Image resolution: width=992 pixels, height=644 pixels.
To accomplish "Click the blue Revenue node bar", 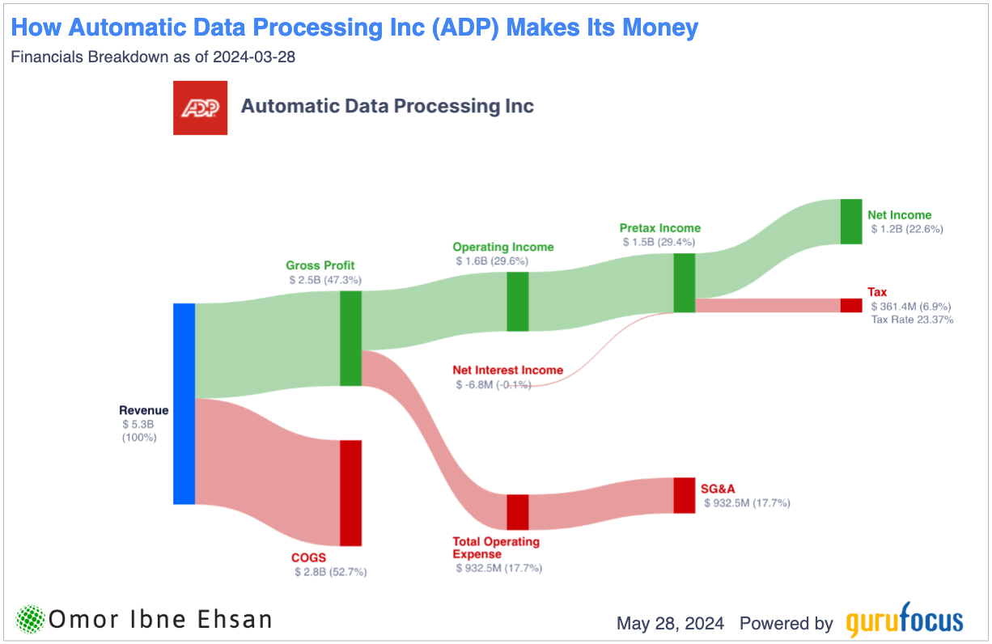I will (x=184, y=404).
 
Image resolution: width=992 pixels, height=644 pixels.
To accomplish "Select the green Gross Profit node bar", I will (x=350, y=338).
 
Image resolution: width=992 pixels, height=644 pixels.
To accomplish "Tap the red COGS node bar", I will (x=350, y=493).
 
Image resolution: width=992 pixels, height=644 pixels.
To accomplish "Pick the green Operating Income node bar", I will (x=518, y=301).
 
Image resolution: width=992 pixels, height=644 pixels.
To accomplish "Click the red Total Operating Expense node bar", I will (x=518, y=511).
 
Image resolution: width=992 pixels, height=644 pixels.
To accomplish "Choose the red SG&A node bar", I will (x=685, y=495).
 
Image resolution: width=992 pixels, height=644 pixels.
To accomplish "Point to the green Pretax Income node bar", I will (x=685, y=282).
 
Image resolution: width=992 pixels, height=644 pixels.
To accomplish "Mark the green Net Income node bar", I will (x=851, y=221).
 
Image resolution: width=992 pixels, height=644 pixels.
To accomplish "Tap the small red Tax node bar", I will (x=851, y=305).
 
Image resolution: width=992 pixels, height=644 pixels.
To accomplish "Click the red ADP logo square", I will (x=201, y=108).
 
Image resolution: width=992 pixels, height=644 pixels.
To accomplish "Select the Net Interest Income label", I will (x=507, y=370).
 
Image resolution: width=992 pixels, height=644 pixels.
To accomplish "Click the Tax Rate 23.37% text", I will (x=912, y=320).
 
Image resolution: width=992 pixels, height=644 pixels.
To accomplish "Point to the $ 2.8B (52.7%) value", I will (x=331, y=572).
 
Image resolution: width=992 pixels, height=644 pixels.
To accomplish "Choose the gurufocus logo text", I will (x=905, y=621).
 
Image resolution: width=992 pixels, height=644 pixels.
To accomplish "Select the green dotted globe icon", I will (x=31, y=621).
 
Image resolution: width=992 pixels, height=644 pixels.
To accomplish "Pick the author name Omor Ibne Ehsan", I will (x=160, y=621).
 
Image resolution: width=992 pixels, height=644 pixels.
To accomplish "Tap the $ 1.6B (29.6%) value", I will (x=492, y=261).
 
